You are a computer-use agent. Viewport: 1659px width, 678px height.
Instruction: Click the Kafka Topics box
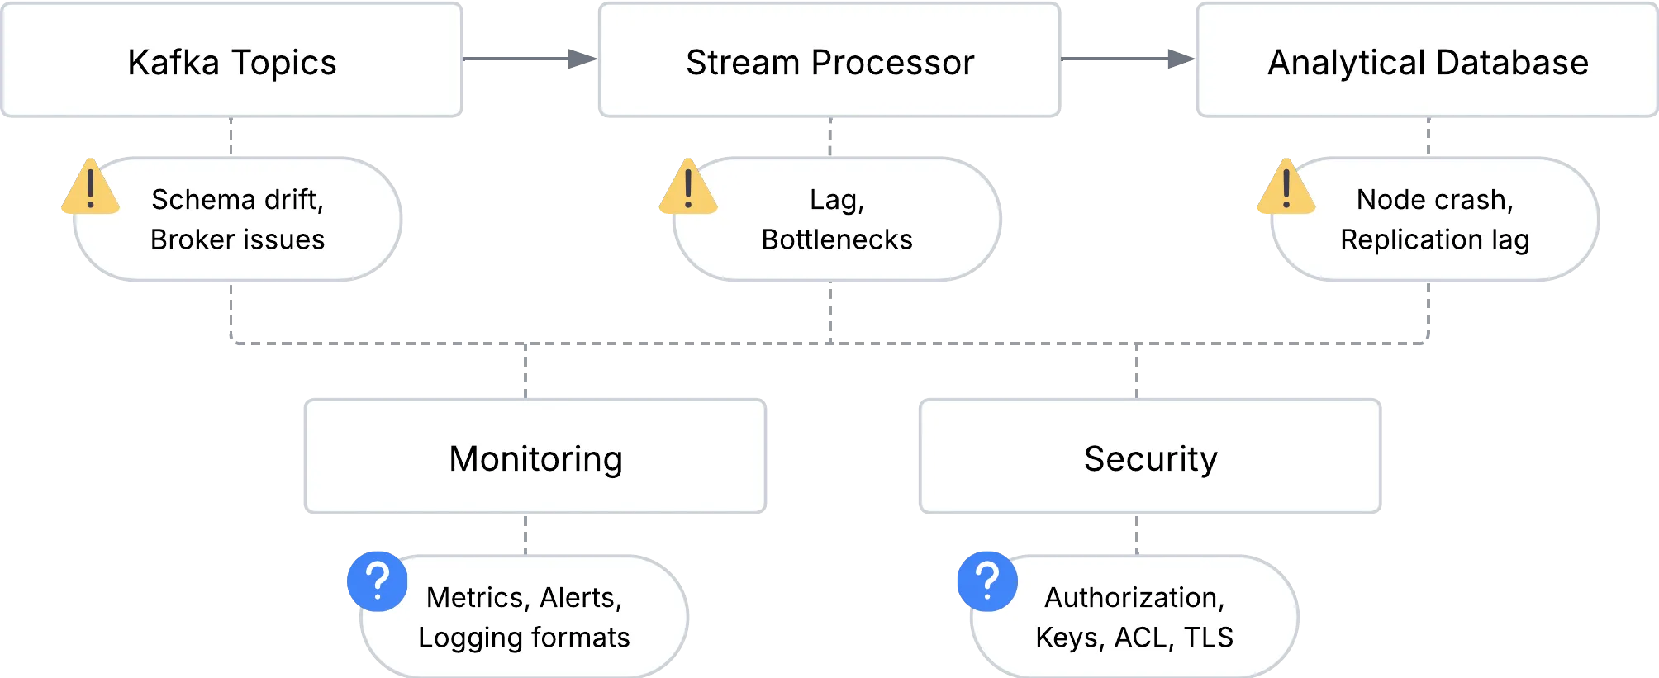232,61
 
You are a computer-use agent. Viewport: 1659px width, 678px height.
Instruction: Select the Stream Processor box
829,61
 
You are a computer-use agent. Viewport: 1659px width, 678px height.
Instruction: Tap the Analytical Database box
1427,61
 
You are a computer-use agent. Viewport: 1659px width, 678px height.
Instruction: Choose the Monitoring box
535,458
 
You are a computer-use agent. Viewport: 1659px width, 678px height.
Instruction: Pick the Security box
1149,458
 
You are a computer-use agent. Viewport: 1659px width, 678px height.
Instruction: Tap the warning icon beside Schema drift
90,187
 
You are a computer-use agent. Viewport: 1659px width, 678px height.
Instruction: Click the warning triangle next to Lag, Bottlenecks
687,187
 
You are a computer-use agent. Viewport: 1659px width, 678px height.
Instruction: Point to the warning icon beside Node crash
1286,187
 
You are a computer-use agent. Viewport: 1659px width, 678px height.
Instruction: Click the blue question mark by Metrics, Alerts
378,581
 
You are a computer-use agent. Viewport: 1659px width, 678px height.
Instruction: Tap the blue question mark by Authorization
987,581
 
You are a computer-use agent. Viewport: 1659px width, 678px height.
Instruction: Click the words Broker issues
237,239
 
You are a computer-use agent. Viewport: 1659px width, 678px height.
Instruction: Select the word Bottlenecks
836,239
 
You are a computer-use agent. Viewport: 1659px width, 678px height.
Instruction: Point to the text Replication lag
1434,239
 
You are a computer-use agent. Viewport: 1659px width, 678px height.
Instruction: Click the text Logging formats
524,638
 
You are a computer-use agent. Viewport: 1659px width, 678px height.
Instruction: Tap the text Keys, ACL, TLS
1134,638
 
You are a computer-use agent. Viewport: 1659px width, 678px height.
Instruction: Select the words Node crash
1434,200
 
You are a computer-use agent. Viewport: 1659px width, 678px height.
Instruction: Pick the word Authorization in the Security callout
1134,597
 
